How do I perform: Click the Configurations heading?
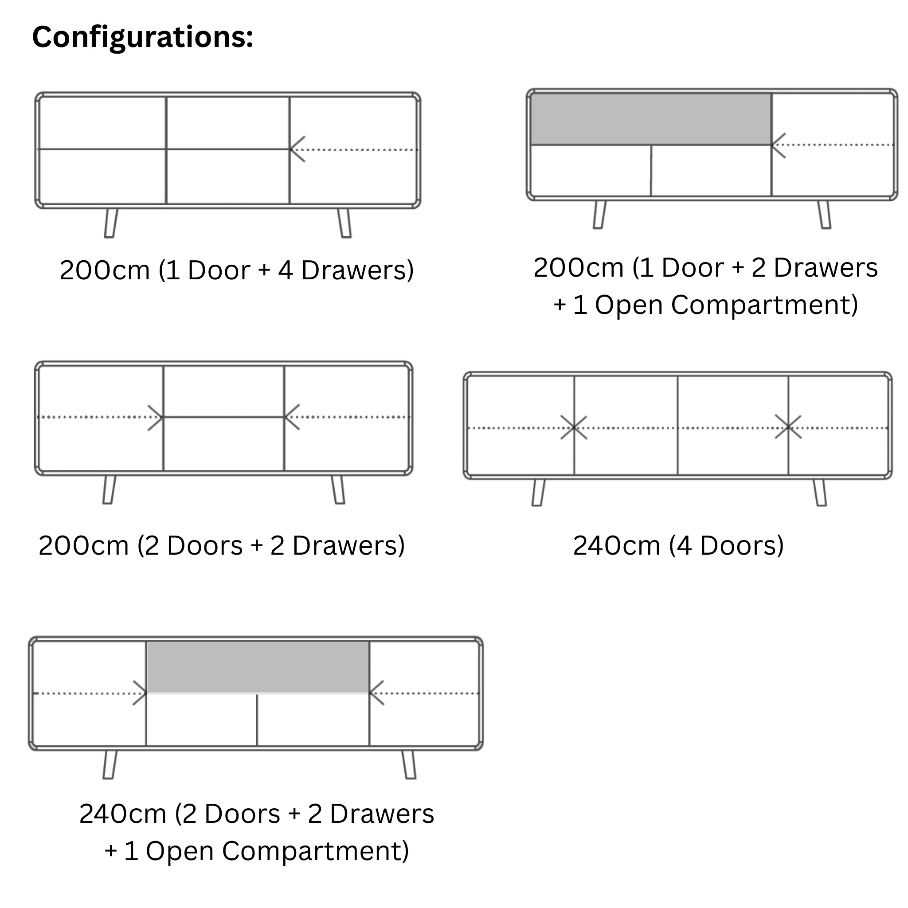143,38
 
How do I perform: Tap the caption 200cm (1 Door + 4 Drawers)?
237,270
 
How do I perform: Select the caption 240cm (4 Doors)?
678,546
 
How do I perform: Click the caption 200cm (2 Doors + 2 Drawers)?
222,546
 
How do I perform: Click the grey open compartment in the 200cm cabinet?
651,119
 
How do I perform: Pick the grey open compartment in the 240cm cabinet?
258,667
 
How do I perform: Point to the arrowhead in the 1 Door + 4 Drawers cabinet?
298,149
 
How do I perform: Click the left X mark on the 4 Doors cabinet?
574,428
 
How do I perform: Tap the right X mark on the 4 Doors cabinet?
788,427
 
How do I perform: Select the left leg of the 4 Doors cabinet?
539,493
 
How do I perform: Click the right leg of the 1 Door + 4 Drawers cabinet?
344,223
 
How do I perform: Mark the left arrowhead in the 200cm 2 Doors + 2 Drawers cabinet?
156,417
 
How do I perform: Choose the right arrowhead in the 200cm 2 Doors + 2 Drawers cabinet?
292,417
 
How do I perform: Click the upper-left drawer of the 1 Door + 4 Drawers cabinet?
102,123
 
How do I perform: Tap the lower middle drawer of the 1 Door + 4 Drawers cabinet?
228,177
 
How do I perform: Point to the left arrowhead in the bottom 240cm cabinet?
140,693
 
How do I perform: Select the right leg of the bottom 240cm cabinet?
409,765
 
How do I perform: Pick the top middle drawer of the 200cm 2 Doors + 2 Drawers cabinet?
224,391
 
